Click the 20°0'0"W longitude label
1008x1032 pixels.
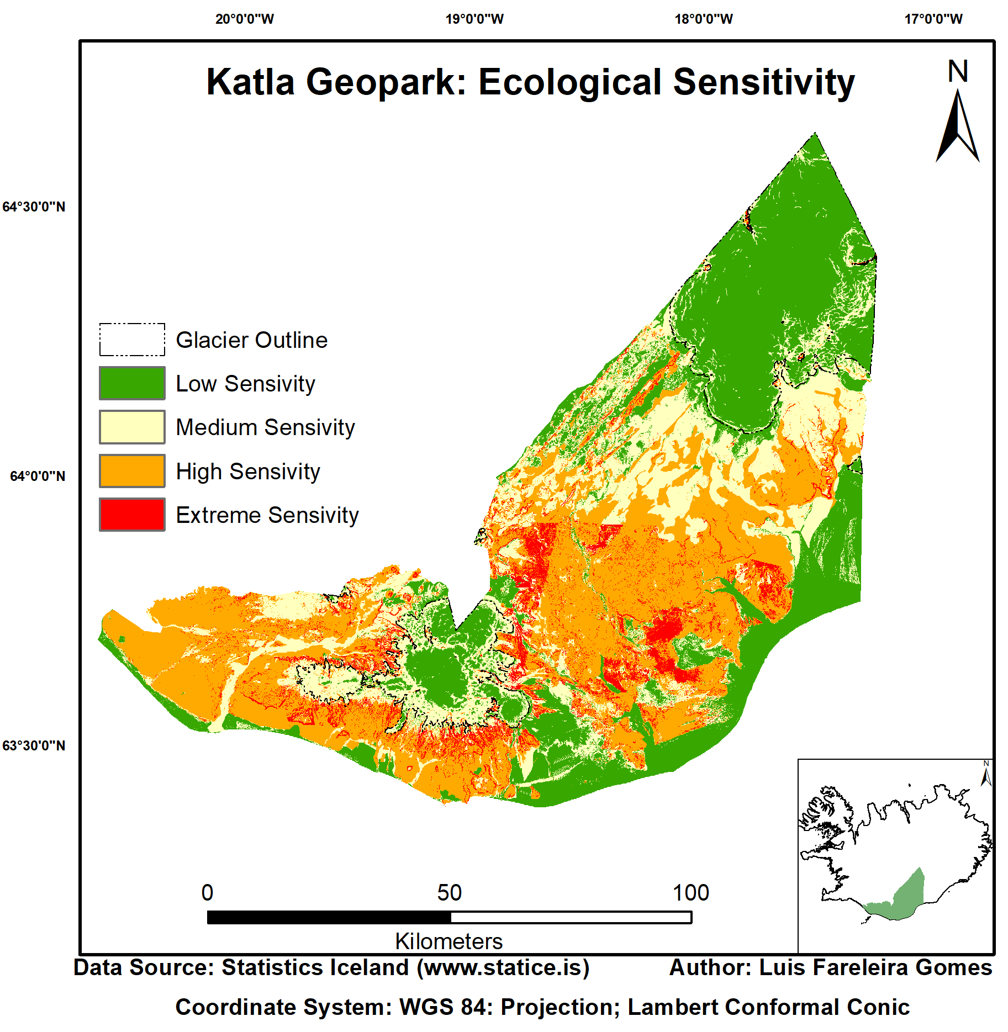(x=244, y=19)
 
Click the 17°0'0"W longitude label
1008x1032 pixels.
(x=933, y=19)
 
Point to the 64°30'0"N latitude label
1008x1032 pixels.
(x=34, y=207)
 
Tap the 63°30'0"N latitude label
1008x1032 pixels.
(x=34, y=746)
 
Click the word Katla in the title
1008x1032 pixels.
(x=250, y=83)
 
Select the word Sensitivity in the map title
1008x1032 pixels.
(x=764, y=83)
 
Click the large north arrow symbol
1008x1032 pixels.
(x=957, y=127)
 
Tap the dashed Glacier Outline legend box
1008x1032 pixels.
(x=132, y=340)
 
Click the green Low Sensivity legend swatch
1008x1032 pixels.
(x=132, y=383)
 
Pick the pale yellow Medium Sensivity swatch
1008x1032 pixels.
(x=132, y=427)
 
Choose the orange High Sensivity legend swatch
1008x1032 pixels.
(x=132, y=471)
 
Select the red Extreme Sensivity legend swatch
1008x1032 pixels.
(x=132, y=515)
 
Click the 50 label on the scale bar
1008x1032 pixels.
(x=449, y=893)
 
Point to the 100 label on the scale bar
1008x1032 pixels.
(x=690, y=893)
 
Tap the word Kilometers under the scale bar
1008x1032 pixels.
(x=448, y=941)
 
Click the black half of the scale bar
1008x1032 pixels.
(x=329, y=917)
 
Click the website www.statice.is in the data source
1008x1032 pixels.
(x=503, y=968)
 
